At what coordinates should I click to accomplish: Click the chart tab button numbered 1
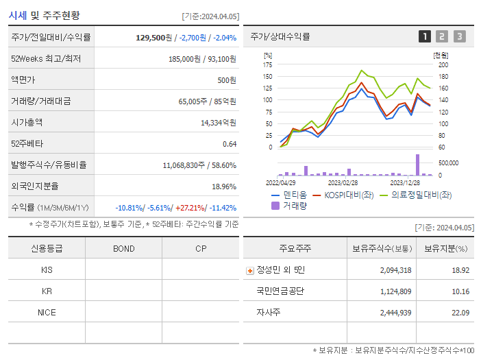[x=425, y=36]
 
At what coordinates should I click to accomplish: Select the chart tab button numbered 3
[x=459, y=36]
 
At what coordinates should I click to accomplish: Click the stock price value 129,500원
[x=154, y=38]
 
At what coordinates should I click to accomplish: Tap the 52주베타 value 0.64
[x=230, y=144]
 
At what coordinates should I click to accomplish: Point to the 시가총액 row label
[x=27, y=123]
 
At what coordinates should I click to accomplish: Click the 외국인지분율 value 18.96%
[x=224, y=187]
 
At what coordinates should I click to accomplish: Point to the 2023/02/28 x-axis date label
[x=343, y=183]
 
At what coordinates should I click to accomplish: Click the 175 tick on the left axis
[x=268, y=64]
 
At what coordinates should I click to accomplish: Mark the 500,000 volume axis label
[x=448, y=163]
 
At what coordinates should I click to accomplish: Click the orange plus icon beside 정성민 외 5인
[x=249, y=270]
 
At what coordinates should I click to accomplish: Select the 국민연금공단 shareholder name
[x=280, y=291]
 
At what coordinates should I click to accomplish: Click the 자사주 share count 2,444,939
[x=395, y=313]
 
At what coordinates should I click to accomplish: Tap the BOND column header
[x=123, y=249]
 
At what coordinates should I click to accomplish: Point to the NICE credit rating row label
[x=47, y=313]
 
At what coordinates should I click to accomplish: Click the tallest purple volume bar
[x=417, y=165]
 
